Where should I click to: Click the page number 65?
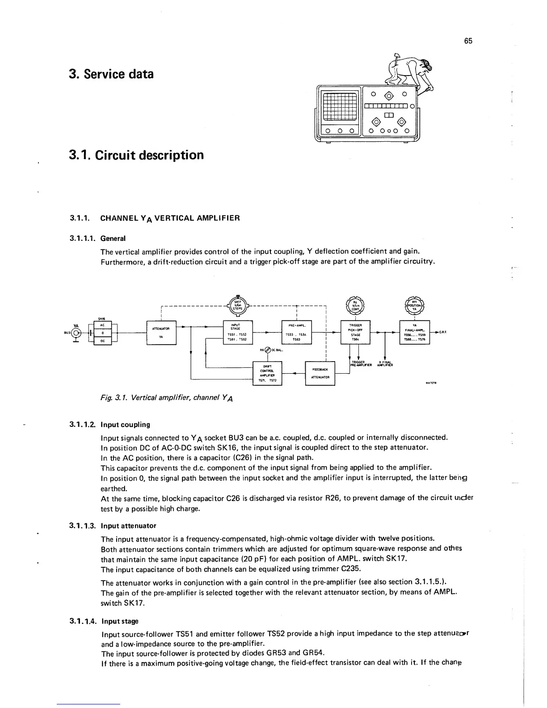click(x=468, y=41)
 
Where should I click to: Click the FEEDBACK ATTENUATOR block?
click(x=320, y=373)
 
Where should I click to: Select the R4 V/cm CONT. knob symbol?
click(x=356, y=306)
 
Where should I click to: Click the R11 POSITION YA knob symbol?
click(x=414, y=306)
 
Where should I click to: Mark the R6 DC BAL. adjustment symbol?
click(x=268, y=350)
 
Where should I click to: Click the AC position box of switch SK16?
click(x=102, y=325)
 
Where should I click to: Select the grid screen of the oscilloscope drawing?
click(x=339, y=107)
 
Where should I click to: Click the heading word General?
click(x=113, y=238)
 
